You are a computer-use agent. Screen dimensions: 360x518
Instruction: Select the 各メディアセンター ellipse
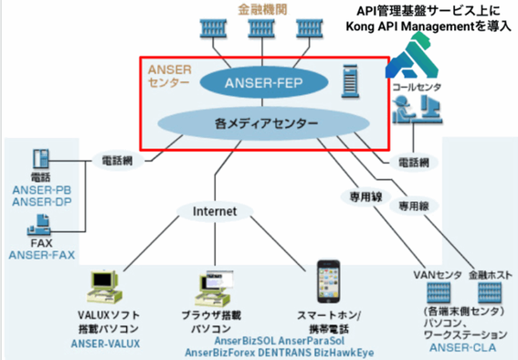click(x=253, y=122)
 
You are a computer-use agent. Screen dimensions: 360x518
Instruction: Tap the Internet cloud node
click(x=215, y=211)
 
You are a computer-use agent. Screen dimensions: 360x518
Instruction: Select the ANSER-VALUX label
click(x=104, y=344)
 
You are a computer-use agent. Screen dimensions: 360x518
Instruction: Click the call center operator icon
click(x=413, y=112)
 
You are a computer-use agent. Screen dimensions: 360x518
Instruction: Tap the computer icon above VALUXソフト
click(x=102, y=288)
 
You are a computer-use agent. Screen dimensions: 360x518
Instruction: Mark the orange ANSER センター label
click(x=168, y=75)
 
